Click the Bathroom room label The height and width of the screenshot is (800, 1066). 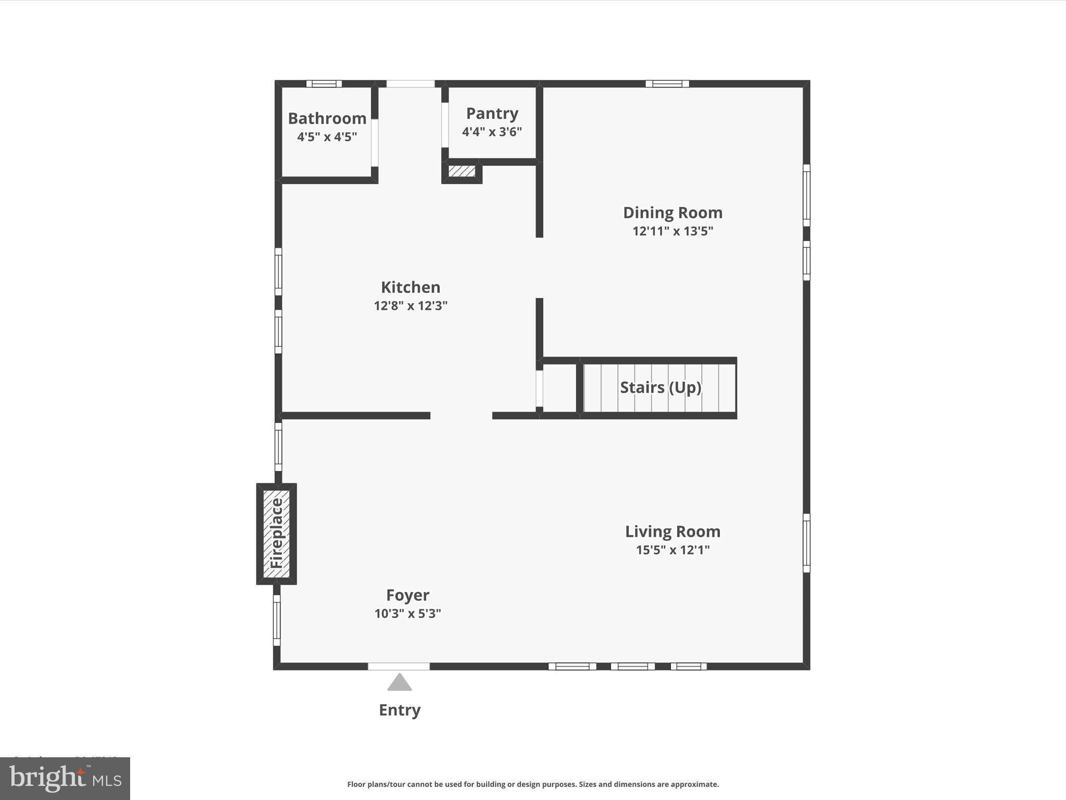pyautogui.click(x=327, y=119)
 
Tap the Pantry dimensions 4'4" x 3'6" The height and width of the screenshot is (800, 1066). pyautogui.click(x=492, y=132)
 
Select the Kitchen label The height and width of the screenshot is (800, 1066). pyautogui.click(x=410, y=287)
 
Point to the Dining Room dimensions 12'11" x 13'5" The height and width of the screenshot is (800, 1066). pyautogui.click(x=672, y=231)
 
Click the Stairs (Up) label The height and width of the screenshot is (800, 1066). pyautogui.click(x=660, y=387)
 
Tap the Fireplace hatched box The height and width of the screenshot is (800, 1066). pyautogui.click(x=276, y=533)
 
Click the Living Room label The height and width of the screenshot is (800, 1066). pyautogui.click(x=672, y=531)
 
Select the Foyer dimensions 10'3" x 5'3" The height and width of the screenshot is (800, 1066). pyautogui.click(x=408, y=614)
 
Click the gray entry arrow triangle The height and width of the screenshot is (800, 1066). pyautogui.click(x=399, y=683)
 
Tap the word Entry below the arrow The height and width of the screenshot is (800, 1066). pyautogui.click(x=399, y=710)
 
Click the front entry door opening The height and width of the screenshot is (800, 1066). pyautogui.click(x=399, y=666)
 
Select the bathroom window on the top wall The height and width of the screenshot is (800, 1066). pyautogui.click(x=324, y=83)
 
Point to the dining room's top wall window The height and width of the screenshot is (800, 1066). pyautogui.click(x=667, y=83)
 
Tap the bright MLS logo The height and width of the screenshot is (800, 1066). pyautogui.click(x=65, y=778)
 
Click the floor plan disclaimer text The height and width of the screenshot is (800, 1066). pyautogui.click(x=533, y=784)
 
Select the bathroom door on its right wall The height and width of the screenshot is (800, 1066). pyautogui.click(x=374, y=142)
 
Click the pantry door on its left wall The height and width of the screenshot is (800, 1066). pyautogui.click(x=445, y=125)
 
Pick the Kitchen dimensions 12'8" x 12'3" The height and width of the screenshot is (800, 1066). pyautogui.click(x=410, y=306)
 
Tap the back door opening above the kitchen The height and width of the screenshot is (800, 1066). pyautogui.click(x=410, y=83)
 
